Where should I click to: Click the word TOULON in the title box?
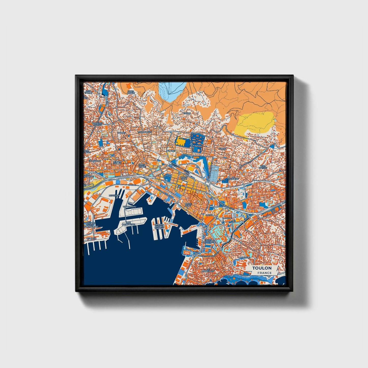point(262,268)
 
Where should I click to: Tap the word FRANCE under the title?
point(264,273)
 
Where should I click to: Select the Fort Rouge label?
point(131,92)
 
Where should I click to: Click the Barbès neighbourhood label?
point(121,132)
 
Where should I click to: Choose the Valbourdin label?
point(145,132)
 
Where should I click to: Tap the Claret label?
point(171,151)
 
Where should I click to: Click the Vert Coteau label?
point(262,167)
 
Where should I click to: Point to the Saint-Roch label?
point(142,166)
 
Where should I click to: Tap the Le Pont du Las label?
point(117,162)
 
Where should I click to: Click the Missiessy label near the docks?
point(114,195)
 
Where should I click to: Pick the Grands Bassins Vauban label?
point(159,227)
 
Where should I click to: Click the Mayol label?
point(209,215)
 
